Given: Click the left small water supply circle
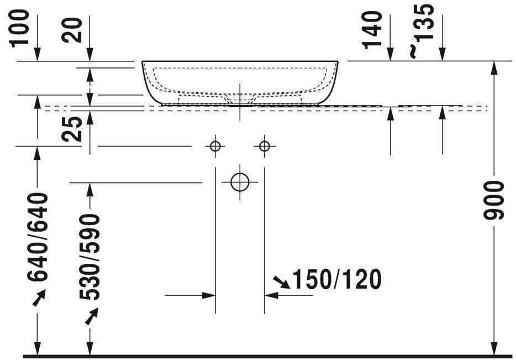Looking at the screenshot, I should [x=215, y=146].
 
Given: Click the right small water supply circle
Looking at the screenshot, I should [x=265, y=146].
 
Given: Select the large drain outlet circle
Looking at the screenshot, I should [x=240, y=182].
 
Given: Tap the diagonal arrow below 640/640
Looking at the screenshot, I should [x=39, y=299].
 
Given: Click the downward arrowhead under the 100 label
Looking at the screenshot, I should [x=38, y=55].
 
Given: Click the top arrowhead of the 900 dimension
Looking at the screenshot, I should [x=494, y=66].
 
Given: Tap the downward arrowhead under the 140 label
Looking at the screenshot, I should [x=391, y=55].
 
